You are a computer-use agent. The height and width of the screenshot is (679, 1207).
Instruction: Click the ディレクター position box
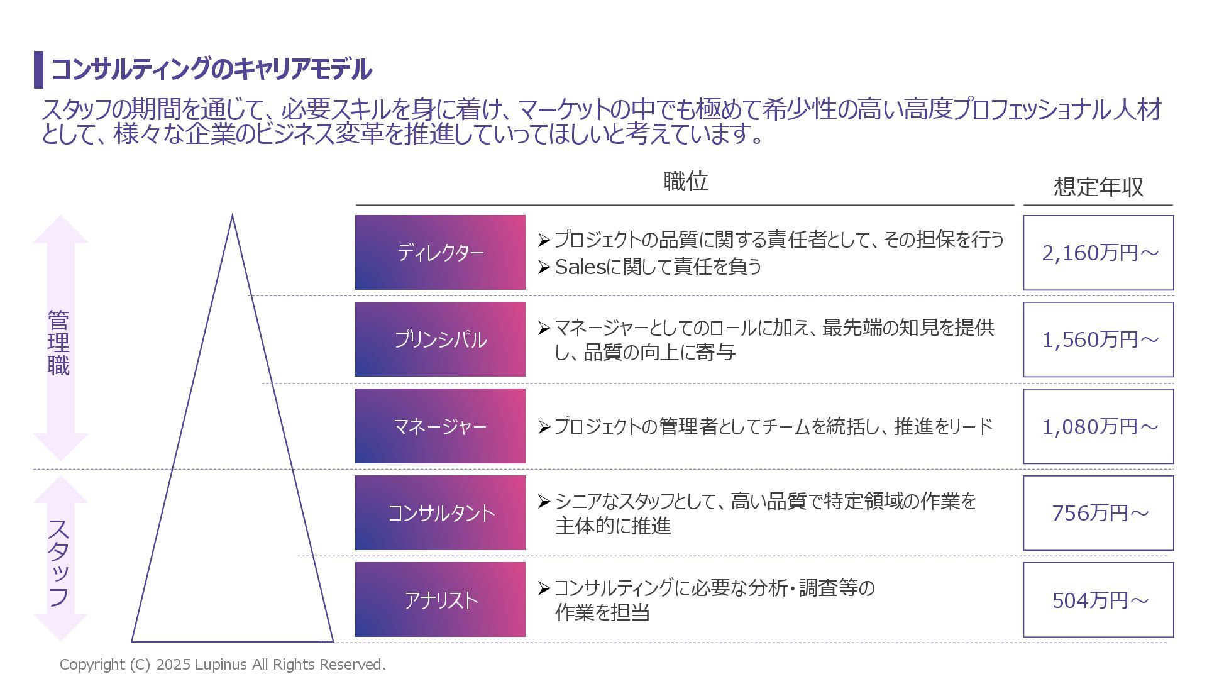(x=440, y=252)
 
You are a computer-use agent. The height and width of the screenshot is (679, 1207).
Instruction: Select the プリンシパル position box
(x=440, y=339)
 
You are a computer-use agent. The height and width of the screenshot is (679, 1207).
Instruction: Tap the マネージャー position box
(x=440, y=426)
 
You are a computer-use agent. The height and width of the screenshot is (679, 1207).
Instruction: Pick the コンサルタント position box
(x=440, y=512)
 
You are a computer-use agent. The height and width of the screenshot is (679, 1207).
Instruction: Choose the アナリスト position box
(x=440, y=599)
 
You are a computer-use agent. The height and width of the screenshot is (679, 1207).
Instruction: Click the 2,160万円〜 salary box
(x=1098, y=252)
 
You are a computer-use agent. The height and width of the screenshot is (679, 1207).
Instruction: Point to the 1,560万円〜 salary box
(x=1098, y=339)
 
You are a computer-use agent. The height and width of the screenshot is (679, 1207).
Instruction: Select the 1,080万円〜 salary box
(x=1098, y=426)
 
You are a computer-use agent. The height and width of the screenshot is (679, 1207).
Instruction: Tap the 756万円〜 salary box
(x=1098, y=512)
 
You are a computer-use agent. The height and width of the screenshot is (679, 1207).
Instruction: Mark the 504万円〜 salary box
(x=1098, y=599)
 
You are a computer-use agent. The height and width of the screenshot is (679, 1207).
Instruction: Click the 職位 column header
(x=685, y=182)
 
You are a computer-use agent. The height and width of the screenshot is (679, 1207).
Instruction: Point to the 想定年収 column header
(x=1098, y=187)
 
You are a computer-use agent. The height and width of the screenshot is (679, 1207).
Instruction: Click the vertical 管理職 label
(x=58, y=343)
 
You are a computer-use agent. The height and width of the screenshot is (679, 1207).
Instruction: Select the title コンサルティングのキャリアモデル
(x=211, y=69)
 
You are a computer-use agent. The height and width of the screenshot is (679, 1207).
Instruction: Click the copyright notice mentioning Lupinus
(x=223, y=665)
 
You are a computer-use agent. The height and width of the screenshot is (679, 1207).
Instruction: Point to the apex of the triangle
(x=232, y=217)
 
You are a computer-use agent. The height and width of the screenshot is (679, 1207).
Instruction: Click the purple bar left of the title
(x=38, y=69)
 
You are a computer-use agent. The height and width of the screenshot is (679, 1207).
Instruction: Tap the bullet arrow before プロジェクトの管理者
(x=544, y=428)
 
